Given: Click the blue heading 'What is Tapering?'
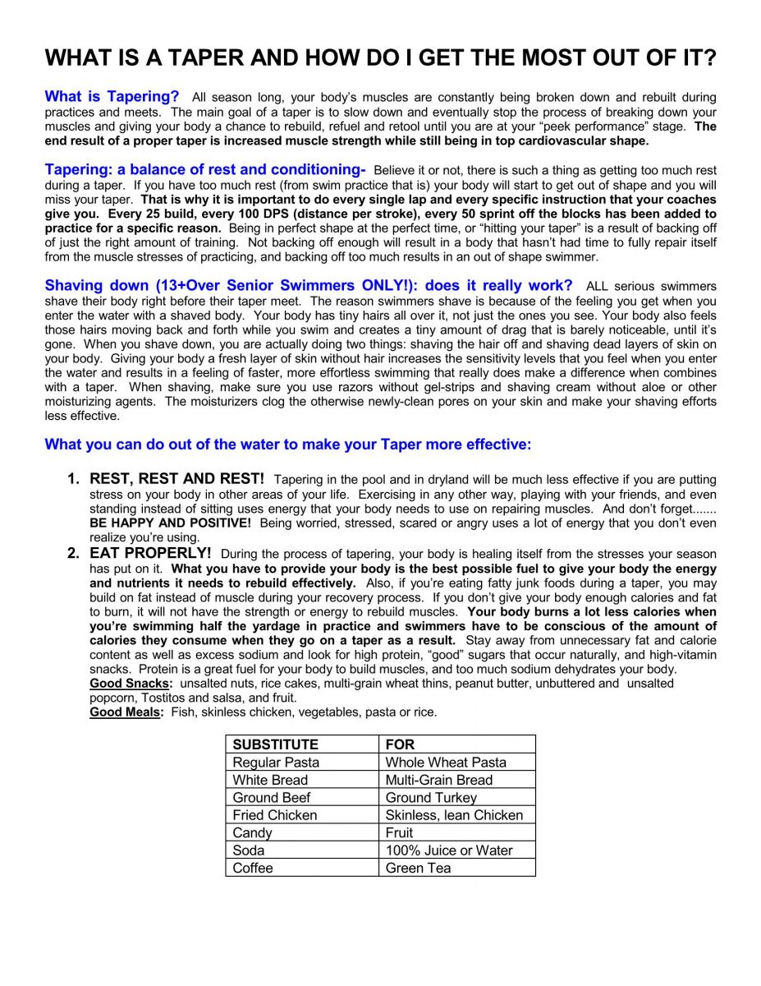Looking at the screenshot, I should tap(112, 97).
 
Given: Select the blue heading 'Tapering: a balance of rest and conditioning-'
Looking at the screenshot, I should tap(204, 170).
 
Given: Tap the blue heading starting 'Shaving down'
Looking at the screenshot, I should tap(309, 285).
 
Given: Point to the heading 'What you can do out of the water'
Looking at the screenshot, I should tap(287, 445).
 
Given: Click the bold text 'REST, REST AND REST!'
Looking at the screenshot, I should tap(176, 478).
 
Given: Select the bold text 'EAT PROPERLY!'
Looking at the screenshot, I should tap(150, 553).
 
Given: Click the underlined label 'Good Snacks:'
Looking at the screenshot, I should tap(131, 684).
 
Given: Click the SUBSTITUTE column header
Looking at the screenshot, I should tap(276, 744).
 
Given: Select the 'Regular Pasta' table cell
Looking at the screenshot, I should tap(276, 763).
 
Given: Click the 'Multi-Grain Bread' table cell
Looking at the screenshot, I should tap(439, 780).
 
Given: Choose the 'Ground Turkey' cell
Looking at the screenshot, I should tap(431, 798).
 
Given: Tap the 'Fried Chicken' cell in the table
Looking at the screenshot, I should tap(274, 815).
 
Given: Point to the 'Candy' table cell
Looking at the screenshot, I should tap(252, 832).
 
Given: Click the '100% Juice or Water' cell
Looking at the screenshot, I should tap(449, 850).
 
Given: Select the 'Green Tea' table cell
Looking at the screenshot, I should tap(418, 868).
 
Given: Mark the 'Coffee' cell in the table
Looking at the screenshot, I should tap(253, 868).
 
